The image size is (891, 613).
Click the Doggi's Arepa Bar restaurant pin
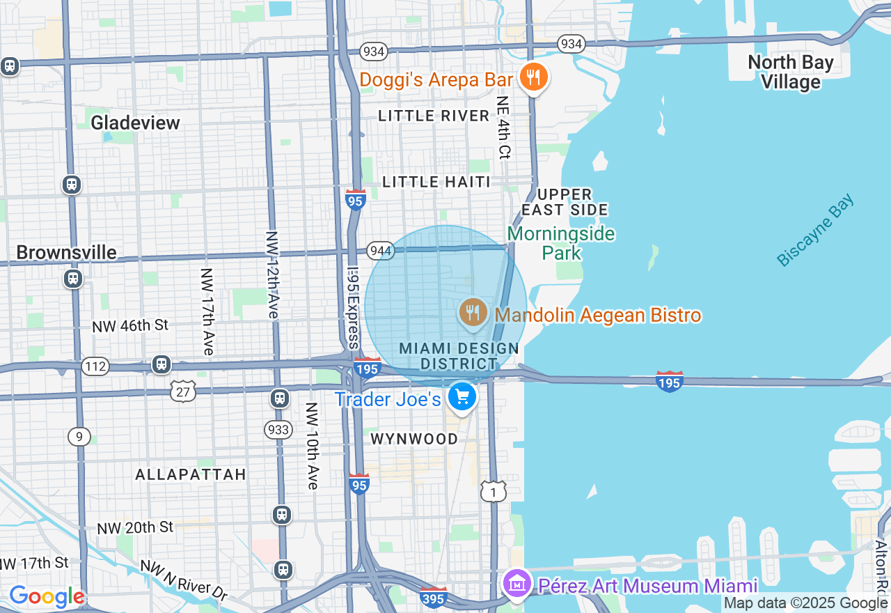tap(533, 77)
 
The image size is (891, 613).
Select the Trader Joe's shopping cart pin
tap(462, 398)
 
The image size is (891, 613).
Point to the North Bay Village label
tap(790, 72)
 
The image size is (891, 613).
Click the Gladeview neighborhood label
tap(136, 123)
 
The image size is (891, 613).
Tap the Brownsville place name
tap(67, 252)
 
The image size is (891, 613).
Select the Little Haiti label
tap(436, 182)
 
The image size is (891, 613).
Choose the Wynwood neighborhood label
tap(414, 439)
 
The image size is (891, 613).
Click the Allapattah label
tap(191, 474)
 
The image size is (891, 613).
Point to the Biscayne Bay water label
tap(815, 231)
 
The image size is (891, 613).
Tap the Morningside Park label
tap(561, 242)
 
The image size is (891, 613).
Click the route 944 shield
tap(381, 251)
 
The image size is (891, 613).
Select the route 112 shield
tap(95, 366)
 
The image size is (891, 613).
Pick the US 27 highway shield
tap(183, 391)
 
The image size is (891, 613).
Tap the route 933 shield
tap(278, 430)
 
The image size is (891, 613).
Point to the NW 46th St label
tap(131, 325)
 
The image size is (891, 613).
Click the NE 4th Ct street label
tap(503, 127)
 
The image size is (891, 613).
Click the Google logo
tap(47, 597)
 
